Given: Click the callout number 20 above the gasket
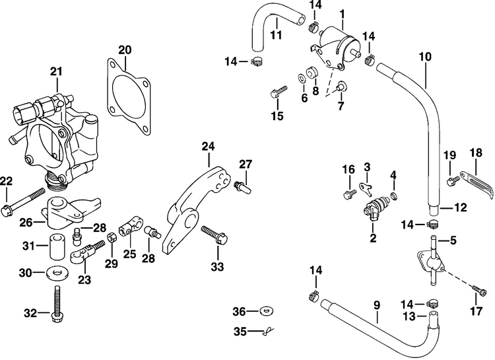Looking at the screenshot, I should (125, 50).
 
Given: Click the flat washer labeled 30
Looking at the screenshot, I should (57, 272).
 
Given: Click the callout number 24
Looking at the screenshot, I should (208, 145).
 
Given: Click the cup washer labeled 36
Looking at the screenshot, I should (267, 310).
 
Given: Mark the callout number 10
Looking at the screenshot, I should (425, 57).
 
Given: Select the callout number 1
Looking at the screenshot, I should (342, 13).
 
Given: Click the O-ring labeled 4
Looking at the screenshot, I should (395, 196).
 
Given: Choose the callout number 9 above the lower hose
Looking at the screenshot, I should (377, 305).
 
